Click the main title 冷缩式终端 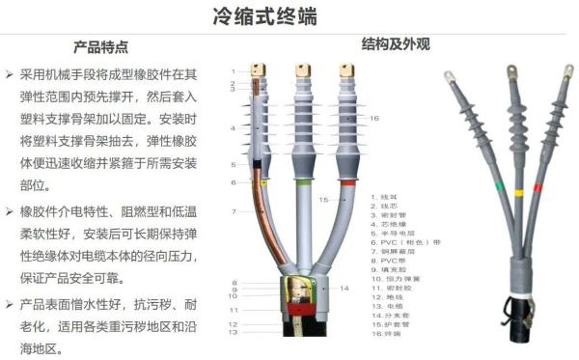point(290,16)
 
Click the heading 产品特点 point(100,46)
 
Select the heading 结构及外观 point(395,44)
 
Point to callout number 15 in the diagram point(324,200)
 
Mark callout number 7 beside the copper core point(234,210)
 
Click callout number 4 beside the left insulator point(233,128)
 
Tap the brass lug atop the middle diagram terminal point(302,71)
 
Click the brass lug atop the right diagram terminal point(345,71)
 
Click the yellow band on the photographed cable point(519,192)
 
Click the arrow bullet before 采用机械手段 point(9,74)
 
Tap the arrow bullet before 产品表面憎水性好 point(9,303)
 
